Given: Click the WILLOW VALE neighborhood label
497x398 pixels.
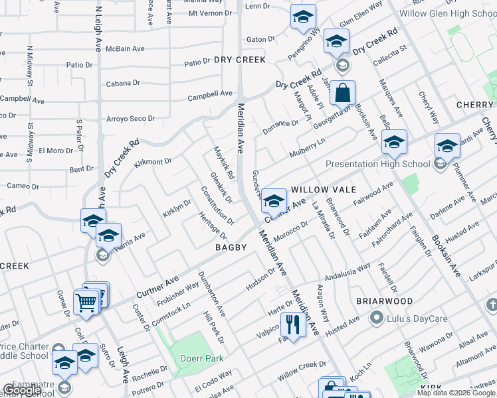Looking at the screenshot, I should [320, 189].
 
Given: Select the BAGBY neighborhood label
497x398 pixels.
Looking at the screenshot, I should [231, 247].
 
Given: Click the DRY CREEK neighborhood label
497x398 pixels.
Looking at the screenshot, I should [240, 60].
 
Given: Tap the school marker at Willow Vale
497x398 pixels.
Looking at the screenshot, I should [274, 200].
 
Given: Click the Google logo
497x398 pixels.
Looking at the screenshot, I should [22, 391].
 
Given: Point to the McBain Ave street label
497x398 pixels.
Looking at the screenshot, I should [125, 48].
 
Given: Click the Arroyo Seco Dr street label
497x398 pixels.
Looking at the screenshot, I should [131, 119].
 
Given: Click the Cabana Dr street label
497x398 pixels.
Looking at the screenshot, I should [124, 84].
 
